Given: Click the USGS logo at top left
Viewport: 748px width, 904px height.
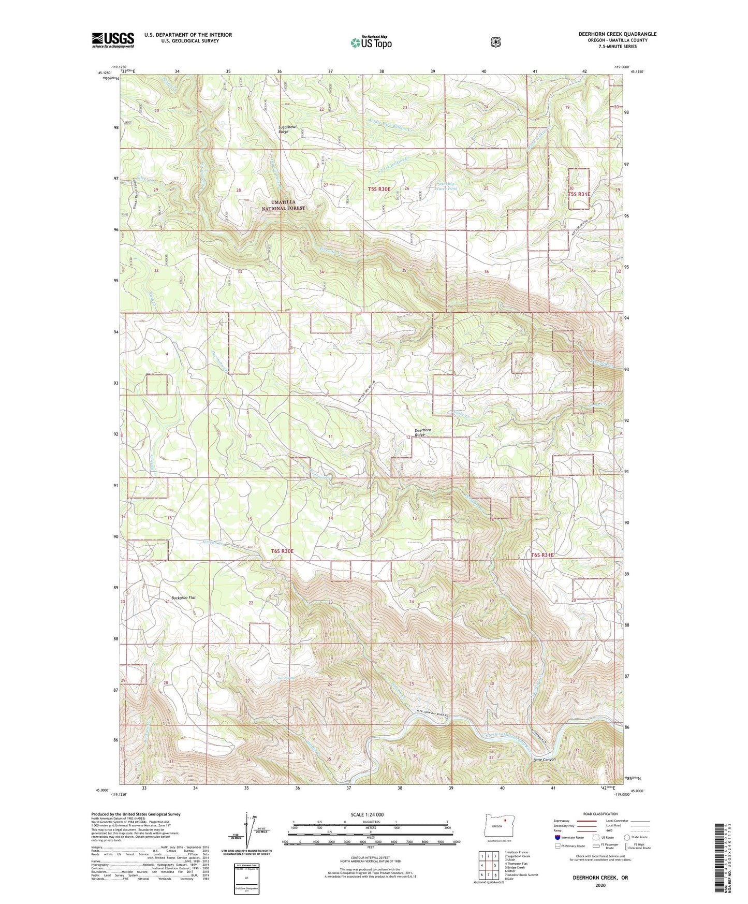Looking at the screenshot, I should (x=113, y=40).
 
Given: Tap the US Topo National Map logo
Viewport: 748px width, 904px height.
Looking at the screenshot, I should (x=370, y=42).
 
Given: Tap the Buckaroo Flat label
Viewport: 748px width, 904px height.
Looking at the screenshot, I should (x=180, y=597).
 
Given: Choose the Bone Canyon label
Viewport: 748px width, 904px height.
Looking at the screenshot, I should (x=544, y=760).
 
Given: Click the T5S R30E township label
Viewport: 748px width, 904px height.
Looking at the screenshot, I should (x=379, y=189).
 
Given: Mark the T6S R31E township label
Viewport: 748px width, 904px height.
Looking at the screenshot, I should (x=542, y=555).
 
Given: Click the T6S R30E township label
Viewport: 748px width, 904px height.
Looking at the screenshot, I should (x=282, y=551).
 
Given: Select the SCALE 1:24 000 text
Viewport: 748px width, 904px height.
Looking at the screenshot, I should (x=367, y=814).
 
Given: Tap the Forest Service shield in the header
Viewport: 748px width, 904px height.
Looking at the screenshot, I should (x=496, y=41).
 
